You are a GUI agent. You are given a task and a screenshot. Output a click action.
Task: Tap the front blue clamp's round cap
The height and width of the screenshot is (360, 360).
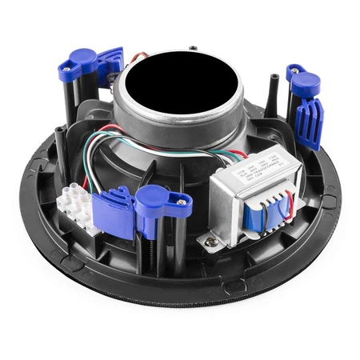coord(151,198)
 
